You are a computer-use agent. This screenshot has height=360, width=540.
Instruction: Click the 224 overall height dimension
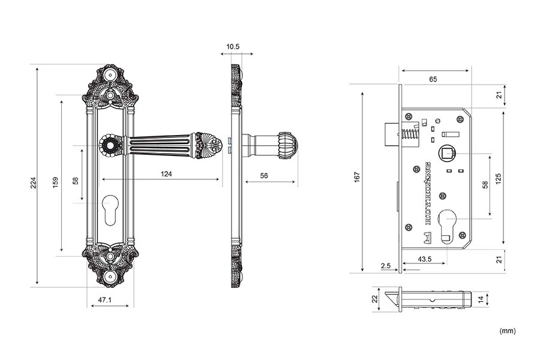coord(34,182)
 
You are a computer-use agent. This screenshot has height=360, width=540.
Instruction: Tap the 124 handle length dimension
coord(166,174)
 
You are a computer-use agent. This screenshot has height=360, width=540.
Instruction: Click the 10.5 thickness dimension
coord(233,47)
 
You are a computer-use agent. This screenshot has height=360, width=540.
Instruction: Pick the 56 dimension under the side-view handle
coord(264,175)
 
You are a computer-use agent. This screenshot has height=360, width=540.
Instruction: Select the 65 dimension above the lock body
coord(433,79)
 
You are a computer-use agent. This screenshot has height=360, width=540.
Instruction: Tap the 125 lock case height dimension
coord(498,178)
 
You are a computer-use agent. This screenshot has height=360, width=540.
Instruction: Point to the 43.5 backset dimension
coord(425,259)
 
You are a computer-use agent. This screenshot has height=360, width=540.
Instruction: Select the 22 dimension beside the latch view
coord(375,299)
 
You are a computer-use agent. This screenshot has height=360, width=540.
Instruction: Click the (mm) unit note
coord(507,331)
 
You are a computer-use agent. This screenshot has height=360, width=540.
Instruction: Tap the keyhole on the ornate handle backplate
coord(110,210)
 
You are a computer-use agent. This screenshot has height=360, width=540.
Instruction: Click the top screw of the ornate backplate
coord(110,75)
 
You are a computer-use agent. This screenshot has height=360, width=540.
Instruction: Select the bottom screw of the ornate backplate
coord(110,277)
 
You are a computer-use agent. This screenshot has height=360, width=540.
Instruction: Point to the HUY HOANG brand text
coord(428,192)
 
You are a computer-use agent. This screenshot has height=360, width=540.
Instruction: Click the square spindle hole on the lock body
coord(446,154)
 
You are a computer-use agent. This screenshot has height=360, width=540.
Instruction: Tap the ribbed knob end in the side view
coord(287,145)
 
